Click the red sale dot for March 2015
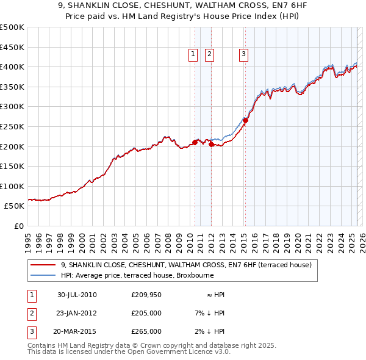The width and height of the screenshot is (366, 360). [x=245, y=121]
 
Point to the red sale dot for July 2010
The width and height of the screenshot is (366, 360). [x=195, y=142]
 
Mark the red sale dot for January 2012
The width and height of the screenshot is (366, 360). [x=211, y=145]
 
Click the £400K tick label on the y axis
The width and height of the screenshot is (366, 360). [x=12, y=67]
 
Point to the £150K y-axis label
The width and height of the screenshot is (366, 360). [x=12, y=166]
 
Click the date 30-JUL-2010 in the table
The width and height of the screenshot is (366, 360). [x=77, y=295]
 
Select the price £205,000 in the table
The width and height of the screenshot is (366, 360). [x=146, y=313]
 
